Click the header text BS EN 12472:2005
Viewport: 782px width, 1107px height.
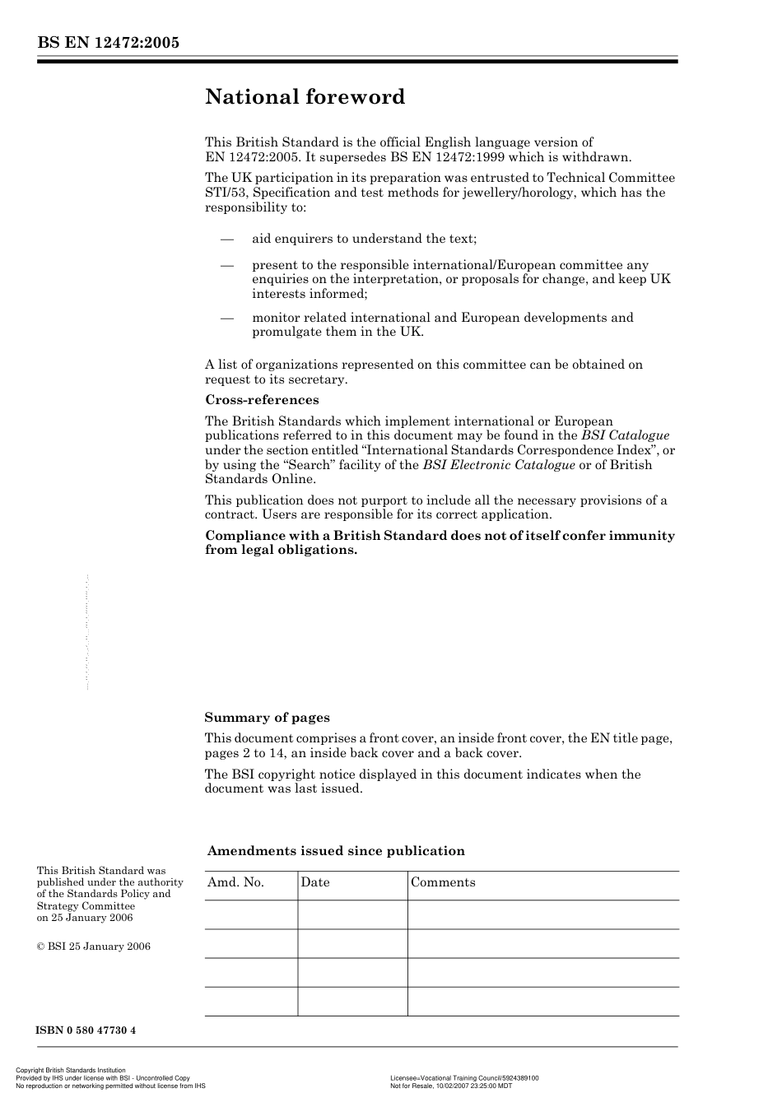point(108,43)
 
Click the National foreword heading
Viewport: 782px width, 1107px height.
point(305,97)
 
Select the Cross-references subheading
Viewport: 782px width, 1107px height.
point(262,400)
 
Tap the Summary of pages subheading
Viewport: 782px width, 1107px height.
point(267,718)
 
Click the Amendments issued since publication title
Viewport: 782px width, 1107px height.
point(336,851)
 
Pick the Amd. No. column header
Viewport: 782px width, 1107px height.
point(235,882)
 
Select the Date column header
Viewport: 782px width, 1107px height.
point(314,882)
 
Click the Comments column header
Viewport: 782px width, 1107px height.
point(443,882)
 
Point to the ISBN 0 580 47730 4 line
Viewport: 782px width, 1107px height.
point(86,1030)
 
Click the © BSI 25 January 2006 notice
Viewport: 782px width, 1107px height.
point(94,947)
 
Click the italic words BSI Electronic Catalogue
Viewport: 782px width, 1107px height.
point(499,465)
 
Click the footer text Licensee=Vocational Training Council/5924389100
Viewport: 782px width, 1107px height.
point(464,1077)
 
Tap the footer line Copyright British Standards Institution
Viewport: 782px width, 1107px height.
point(71,1071)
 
